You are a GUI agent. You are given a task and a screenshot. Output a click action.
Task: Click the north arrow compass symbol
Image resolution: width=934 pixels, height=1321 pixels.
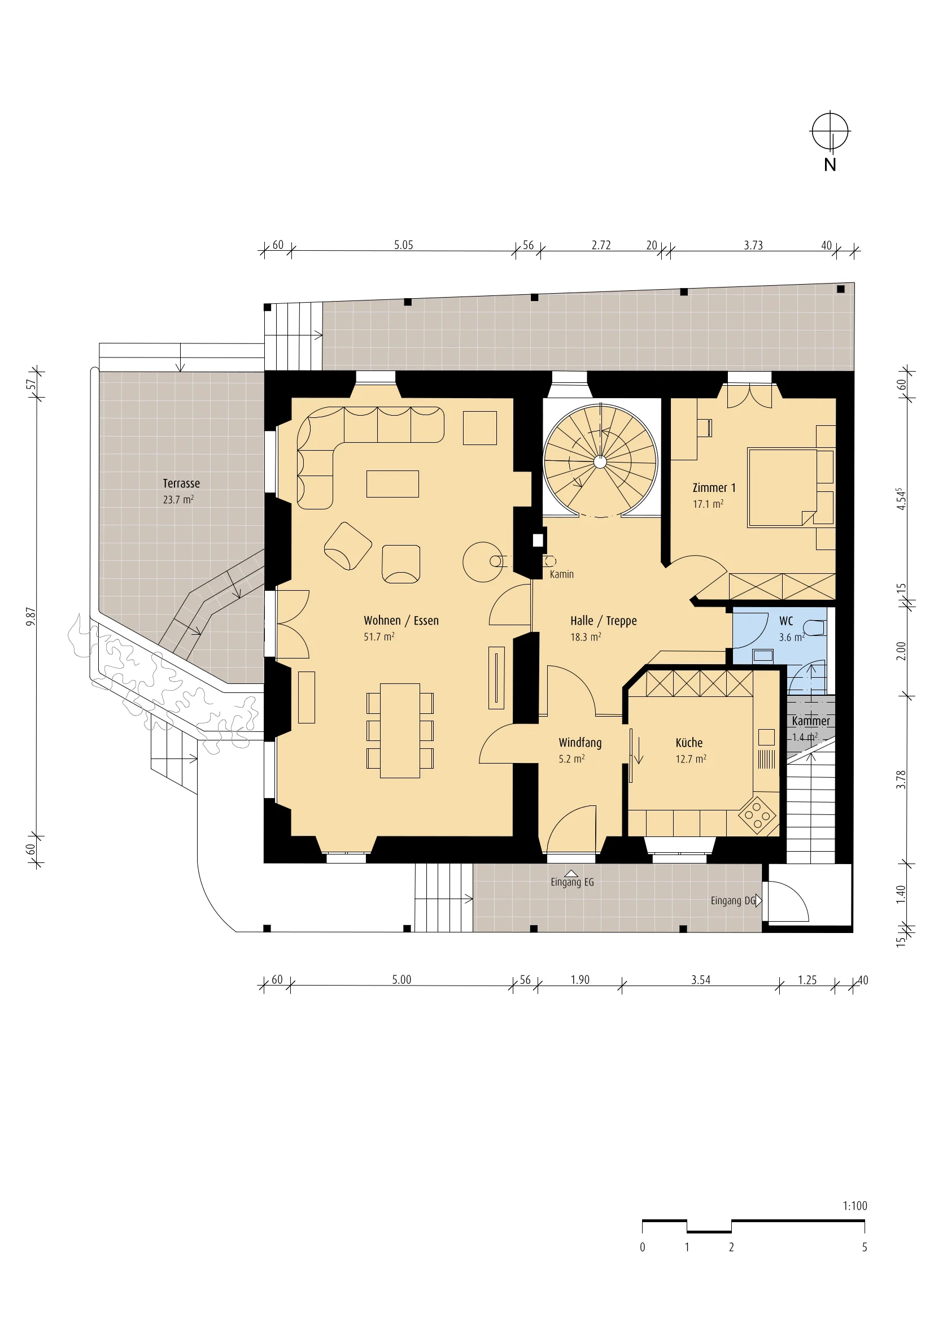(x=830, y=131)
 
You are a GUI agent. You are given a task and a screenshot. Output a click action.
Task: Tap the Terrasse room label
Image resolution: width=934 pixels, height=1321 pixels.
(x=181, y=483)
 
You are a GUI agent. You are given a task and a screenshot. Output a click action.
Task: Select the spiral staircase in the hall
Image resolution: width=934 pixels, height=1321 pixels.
(x=600, y=461)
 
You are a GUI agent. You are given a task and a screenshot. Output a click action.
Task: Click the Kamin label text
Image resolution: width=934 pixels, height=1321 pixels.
(x=561, y=574)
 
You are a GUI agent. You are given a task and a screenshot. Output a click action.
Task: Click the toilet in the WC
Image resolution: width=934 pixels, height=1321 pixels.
(x=814, y=627)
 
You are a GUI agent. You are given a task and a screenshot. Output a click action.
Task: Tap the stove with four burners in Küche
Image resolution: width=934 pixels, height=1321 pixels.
(x=757, y=816)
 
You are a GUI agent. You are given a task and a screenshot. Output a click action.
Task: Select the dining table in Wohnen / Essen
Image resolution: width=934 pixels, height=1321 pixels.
(x=400, y=730)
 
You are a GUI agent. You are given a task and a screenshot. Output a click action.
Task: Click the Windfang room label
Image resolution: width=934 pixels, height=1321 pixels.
(x=580, y=743)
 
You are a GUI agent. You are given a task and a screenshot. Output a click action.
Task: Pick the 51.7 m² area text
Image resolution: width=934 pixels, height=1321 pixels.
(x=379, y=636)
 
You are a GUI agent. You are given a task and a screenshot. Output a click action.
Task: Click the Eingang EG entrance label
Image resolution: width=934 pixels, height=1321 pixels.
(x=572, y=882)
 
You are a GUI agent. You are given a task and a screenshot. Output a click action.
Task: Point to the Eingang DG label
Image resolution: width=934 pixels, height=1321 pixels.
(x=734, y=900)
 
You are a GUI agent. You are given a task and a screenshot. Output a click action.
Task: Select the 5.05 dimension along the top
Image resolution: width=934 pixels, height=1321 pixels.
(x=404, y=245)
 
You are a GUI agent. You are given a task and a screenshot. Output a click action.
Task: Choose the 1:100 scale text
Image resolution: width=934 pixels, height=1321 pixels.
(x=854, y=1206)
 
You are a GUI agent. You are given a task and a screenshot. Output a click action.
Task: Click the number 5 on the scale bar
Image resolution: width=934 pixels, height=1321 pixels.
(x=865, y=1248)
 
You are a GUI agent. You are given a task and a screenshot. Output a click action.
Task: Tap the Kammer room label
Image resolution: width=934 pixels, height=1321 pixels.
(x=811, y=721)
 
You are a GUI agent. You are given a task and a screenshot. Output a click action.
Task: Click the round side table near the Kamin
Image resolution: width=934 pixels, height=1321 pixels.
(x=482, y=561)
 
